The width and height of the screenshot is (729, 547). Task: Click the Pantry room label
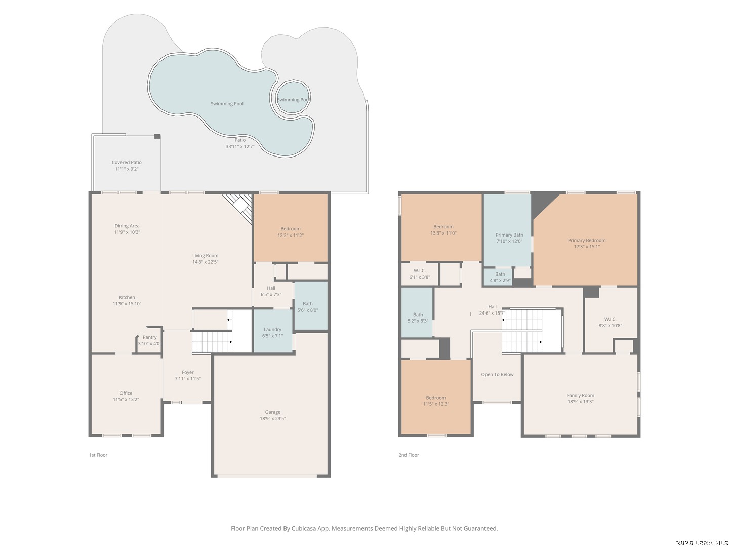click(149, 337)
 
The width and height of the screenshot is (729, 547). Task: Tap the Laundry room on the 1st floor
click(273, 330)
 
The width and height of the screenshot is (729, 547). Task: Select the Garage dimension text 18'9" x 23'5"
click(273, 418)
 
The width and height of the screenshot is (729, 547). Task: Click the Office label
click(126, 393)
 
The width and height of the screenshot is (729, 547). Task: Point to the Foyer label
click(188, 372)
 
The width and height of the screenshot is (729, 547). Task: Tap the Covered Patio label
click(127, 163)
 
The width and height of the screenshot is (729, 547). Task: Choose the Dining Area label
click(127, 226)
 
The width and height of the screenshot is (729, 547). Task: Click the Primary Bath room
click(507, 230)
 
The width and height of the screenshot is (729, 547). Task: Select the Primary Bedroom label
click(587, 240)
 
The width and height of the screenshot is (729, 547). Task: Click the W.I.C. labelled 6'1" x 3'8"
click(420, 273)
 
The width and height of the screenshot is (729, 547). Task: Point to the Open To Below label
click(497, 375)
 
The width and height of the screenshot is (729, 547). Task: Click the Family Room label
click(581, 395)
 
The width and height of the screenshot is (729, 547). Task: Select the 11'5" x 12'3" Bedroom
click(436, 397)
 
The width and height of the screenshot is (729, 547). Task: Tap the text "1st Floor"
click(98, 455)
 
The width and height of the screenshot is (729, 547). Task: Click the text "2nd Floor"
click(409, 455)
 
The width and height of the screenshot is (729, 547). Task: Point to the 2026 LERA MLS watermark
click(702, 543)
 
